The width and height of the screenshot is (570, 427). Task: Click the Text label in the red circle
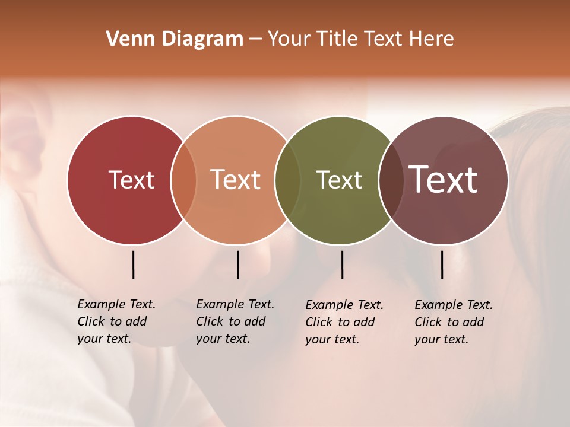pos(131,180)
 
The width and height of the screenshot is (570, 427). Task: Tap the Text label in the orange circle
pos(236,180)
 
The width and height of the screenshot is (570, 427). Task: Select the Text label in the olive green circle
pos(339,180)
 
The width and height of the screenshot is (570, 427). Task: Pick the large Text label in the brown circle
pos(444,180)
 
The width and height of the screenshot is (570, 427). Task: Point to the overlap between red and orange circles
pos(183,180)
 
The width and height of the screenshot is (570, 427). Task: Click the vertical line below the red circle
pos(133,265)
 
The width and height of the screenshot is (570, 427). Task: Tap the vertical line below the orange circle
pos(237,265)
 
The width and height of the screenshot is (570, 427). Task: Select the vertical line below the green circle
pos(342,265)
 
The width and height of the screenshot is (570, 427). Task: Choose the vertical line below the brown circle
pos(442,265)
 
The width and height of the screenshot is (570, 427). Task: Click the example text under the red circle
pos(116,321)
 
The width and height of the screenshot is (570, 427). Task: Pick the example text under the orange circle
pos(235,321)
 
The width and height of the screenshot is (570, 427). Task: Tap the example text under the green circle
pos(344,322)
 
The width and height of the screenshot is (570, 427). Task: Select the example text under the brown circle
pos(453,322)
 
